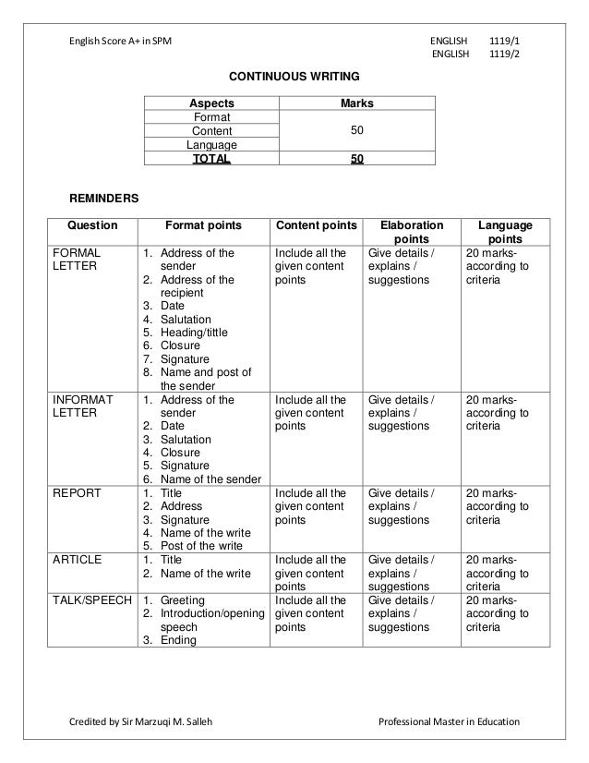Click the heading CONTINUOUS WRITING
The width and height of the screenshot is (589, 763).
[x=294, y=74]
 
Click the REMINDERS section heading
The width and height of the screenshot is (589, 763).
[x=105, y=199]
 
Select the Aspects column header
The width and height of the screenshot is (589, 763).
[x=211, y=103]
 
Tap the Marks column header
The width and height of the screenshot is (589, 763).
[x=356, y=103]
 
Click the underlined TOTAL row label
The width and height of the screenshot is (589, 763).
[x=211, y=159]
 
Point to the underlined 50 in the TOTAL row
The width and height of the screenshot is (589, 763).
[x=356, y=159]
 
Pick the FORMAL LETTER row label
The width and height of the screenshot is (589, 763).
[x=78, y=259]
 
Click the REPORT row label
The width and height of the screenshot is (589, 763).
[x=78, y=493]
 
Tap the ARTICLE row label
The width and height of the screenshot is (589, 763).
[x=78, y=560]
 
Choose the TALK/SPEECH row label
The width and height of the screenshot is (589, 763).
[x=91, y=600]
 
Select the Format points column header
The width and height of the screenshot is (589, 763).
[x=203, y=224]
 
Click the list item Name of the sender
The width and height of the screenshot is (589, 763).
[x=210, y=479]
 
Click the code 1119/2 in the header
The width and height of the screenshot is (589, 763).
[x=503, y=54]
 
